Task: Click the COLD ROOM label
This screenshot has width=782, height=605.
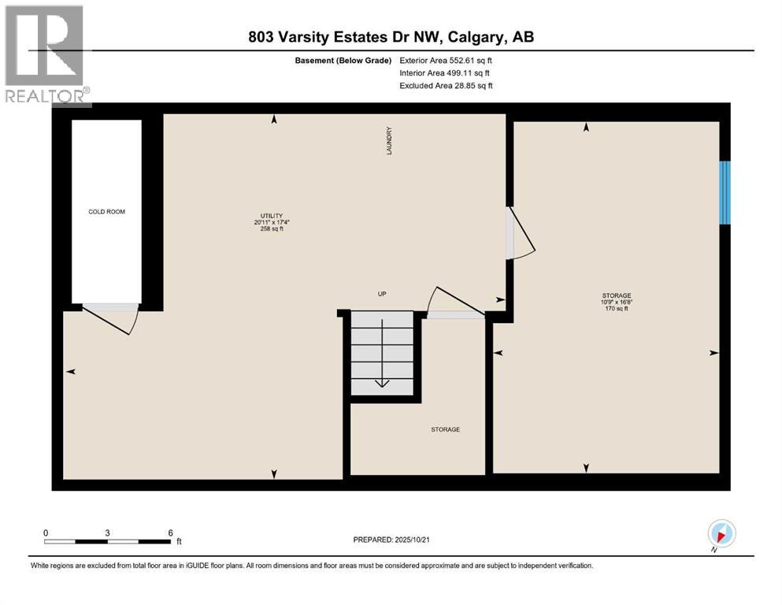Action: click(106, 212)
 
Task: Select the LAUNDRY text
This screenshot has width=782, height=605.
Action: click(389, 140)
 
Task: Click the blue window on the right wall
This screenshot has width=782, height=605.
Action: click(725, 192)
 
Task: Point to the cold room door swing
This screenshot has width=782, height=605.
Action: click(110, 318)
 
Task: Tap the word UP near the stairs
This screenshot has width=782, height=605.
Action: click(382, 294)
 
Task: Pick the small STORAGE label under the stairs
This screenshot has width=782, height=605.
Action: click(445, 429)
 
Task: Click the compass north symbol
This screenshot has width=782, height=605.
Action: click(721, 534)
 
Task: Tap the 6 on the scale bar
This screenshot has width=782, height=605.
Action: click(170, 533)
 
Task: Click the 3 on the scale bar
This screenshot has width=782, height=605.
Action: click(107, 533)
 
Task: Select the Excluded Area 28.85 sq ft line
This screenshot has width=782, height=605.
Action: click(446, 86)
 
